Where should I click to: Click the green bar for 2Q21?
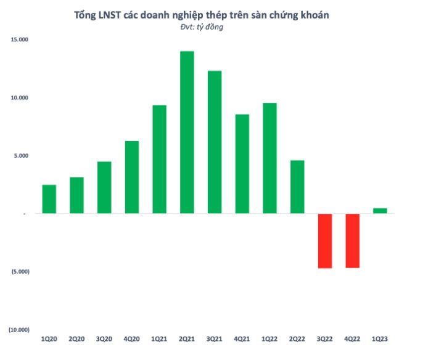[x=187, y=132]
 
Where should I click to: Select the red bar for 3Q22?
[x=325, y=241]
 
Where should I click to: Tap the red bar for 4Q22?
[x=353, y=241]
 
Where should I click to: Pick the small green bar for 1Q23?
[x=380, y=211]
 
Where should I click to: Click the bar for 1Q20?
[x=49, y=199]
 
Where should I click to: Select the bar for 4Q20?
[x=132, y=177]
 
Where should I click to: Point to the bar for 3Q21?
[x=215, y=142]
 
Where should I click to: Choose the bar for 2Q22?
[x=297, y=187]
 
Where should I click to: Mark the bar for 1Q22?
[x=269, y=158]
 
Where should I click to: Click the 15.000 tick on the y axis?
[x=20, y=39]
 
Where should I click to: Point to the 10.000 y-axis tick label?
[x=20, y=97]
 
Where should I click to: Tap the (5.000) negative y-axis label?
[x=19, y=271]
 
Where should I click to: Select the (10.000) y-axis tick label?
[x=19, y=330]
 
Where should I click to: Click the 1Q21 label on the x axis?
[x=160, y=340]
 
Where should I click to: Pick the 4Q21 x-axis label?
[x=242, y=340]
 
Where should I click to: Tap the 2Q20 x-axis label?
[x=77, y=340]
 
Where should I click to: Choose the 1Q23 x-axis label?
[x=380, y=340]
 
